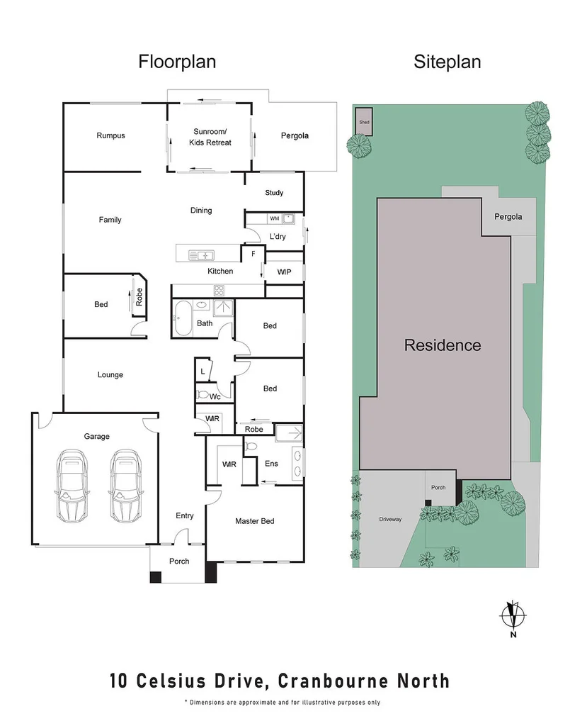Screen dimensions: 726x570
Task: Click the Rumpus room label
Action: pos(110,135)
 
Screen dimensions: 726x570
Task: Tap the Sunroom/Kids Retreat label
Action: pos(210,137)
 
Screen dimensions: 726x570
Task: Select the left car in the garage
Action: pos(72,484)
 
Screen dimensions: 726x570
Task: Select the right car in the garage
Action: pos(123,484)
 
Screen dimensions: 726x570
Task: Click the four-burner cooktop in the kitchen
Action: pos(220,289)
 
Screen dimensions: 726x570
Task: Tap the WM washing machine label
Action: pos(274,218)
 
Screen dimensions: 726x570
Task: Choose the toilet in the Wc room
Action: pos(203,394)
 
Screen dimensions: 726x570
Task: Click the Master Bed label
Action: pos(254,521)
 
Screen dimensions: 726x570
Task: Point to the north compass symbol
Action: pos(513,615)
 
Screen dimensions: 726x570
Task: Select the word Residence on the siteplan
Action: pos(443,346)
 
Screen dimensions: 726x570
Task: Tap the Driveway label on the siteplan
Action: pos(390,519)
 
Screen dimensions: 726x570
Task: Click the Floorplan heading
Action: pos(177,62)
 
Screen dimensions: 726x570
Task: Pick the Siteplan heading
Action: pos(447,62)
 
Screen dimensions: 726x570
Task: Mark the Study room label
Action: pos(274,193)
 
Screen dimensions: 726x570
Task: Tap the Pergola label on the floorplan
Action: pos(295,135)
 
